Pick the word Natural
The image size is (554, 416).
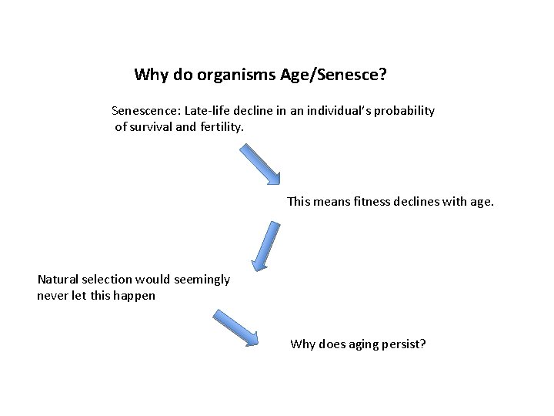(59, 280)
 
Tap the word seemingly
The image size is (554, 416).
(202, 280)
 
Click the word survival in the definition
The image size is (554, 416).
(153, 126)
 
